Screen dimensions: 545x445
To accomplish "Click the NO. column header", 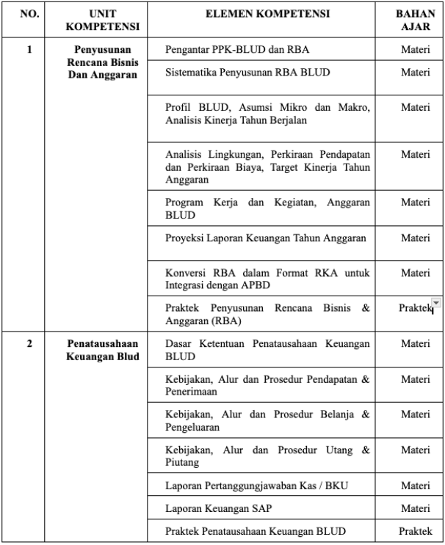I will (29, 14).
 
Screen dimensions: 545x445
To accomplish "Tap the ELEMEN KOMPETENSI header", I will (267, 14).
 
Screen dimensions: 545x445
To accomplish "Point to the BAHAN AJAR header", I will (415, 20).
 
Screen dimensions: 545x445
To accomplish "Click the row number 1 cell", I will (29, 50).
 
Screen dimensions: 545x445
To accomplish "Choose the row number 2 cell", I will (29, 343).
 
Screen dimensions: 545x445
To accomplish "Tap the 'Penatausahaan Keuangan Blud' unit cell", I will (103, 350).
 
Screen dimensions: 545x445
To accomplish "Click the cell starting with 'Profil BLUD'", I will (267, 114).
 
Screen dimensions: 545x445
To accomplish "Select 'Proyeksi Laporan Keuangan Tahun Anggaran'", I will (265, 238).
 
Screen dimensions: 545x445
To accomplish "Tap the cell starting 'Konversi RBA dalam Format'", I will (267, 279).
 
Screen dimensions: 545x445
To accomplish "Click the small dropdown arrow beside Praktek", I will (436, 303).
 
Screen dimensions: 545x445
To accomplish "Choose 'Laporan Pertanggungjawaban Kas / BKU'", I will (245, 485).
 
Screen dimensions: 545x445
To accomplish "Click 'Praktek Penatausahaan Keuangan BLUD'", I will (256, 531).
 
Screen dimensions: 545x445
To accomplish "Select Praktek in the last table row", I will (415, 531).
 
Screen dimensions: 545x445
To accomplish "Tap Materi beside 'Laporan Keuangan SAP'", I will (415, 508).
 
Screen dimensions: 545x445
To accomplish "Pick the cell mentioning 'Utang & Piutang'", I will (267, 456).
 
